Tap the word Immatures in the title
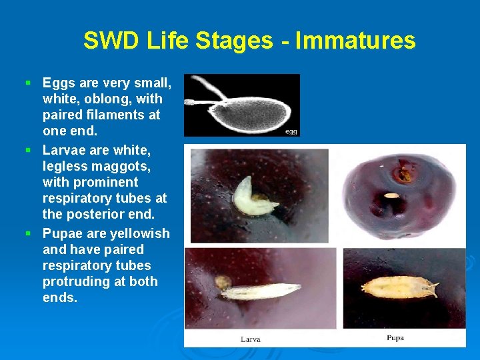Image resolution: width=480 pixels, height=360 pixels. pyautogui.click(x=355, y=41)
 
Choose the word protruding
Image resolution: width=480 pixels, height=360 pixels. pyautogui.click(x=76, y=281)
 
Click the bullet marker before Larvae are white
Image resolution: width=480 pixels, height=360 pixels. pyautogui.click(x=28, y=150)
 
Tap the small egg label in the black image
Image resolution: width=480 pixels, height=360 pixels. pyautogui.click(x=291, y=131)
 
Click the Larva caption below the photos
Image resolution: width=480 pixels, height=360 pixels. pyautogui.click(x=250, y=339)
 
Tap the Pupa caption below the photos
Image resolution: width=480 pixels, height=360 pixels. pyautogui.click(x=395, y=338)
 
